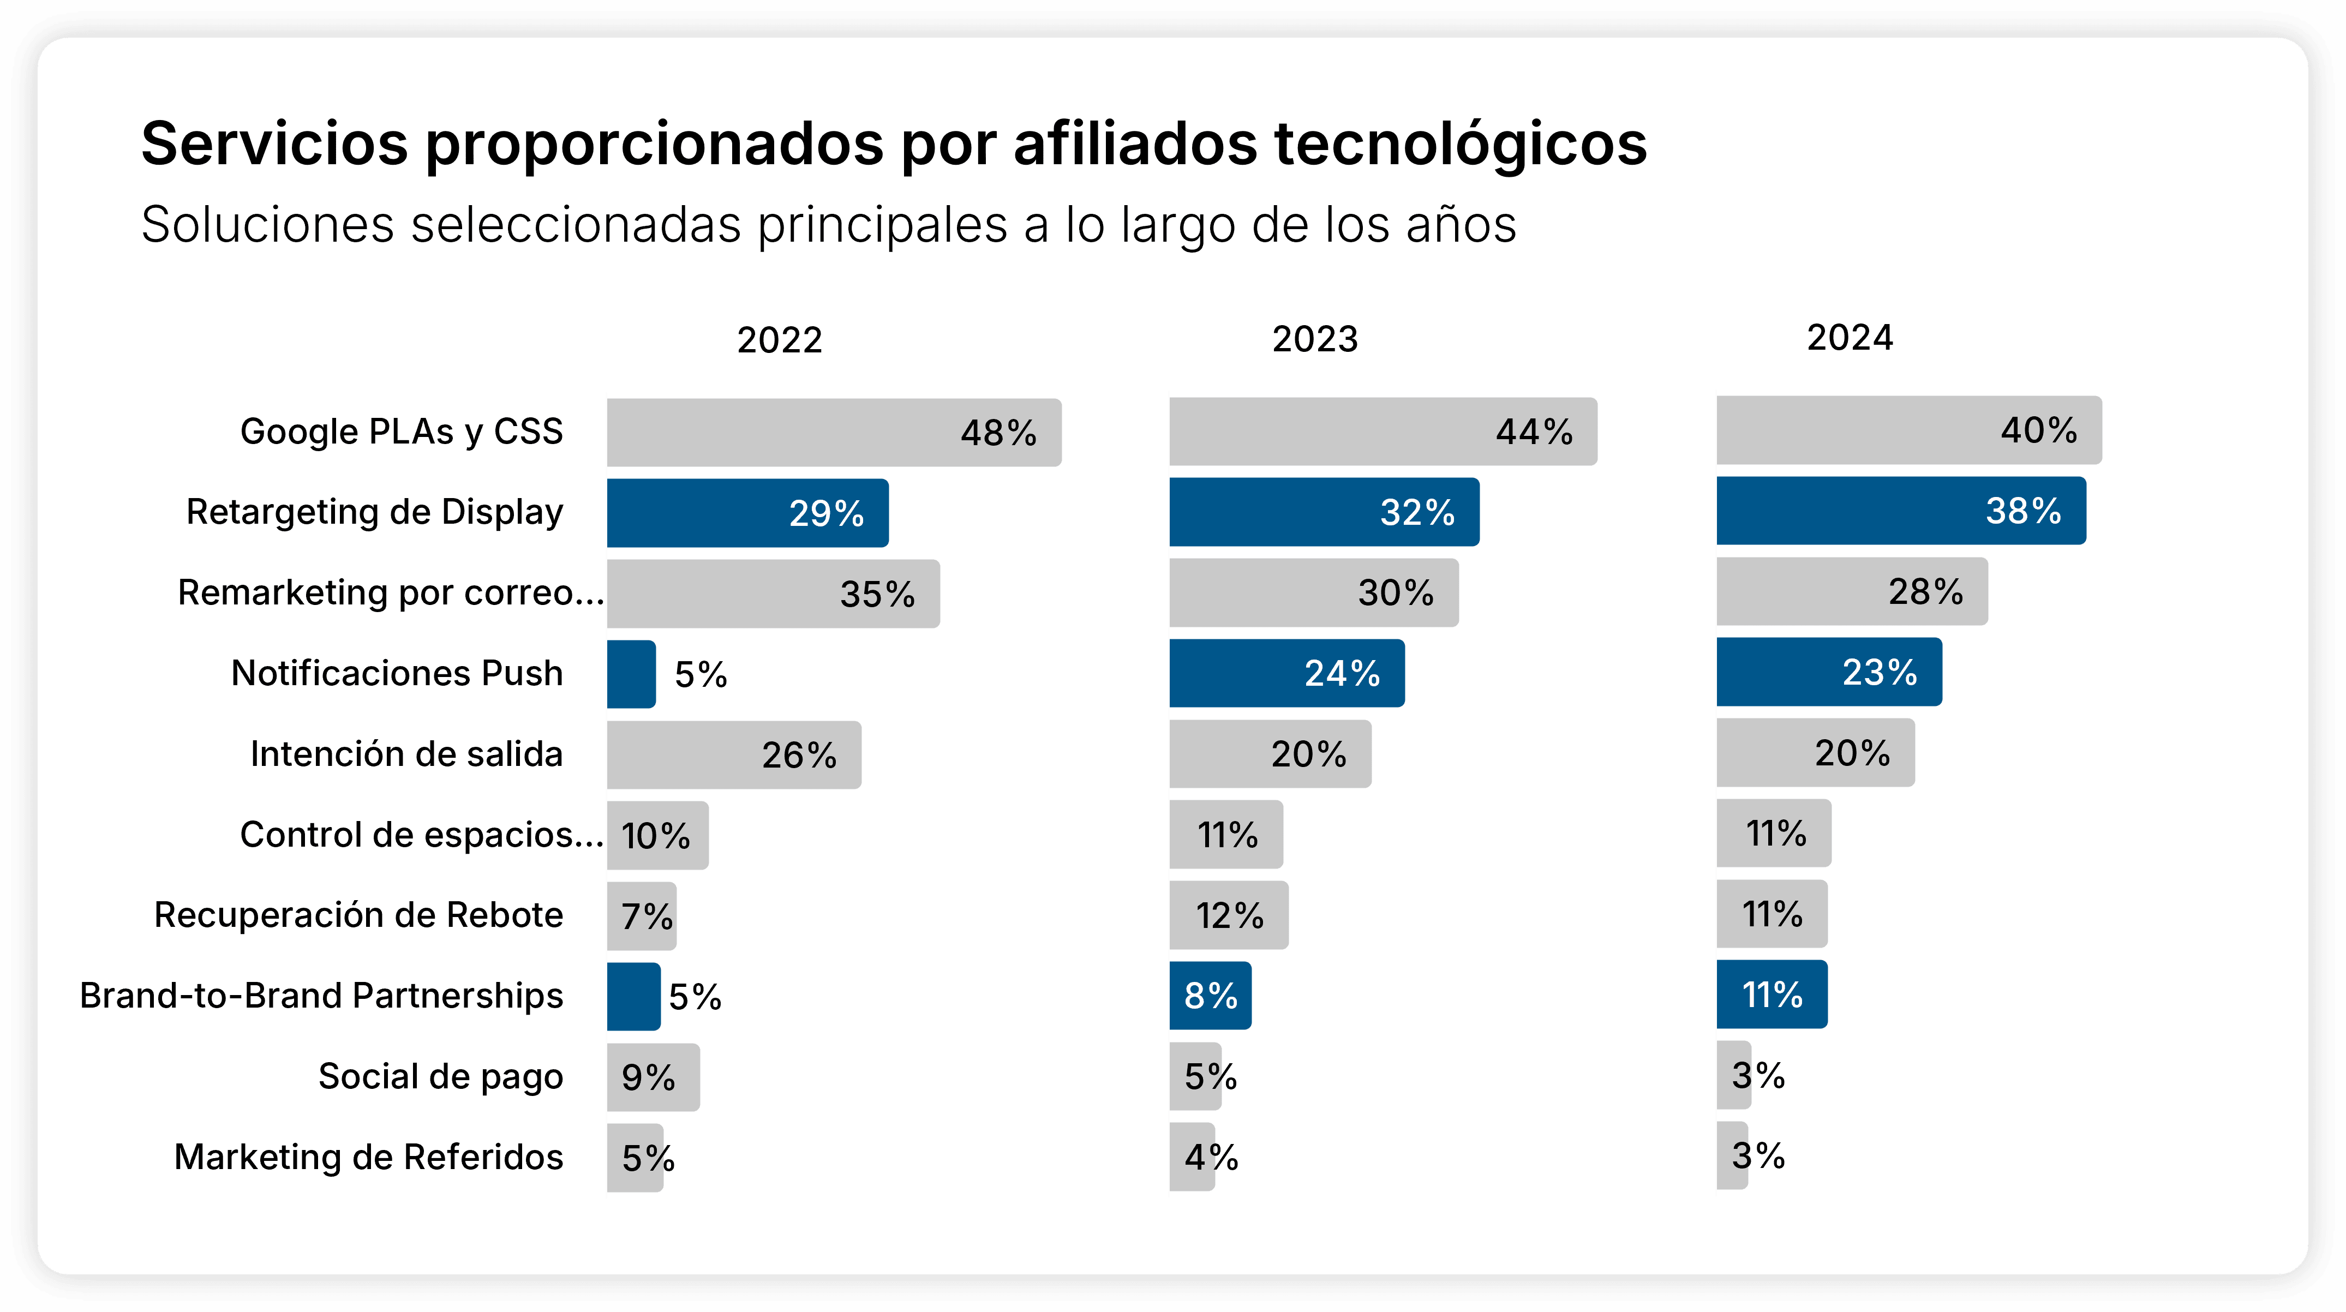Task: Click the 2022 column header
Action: (x=780, y=340)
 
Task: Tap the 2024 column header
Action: (x=1850, y=338)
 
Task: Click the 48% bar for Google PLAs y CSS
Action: (x=833, y=433)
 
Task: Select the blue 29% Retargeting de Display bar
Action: (x=747, y=513)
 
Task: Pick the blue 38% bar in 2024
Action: (x=1901, y=511)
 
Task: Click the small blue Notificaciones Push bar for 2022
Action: (x=631, y=674)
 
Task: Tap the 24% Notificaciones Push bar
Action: (x=1286, y=673)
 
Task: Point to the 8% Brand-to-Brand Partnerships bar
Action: (x=1210, y=995)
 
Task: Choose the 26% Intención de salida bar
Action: (x=733, y=755)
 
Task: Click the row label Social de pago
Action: (x=441, y=1076)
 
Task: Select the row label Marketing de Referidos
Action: (x=369, y=1157)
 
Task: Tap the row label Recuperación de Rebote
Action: (x=359, y=915)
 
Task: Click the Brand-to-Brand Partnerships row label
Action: (x=321, y=996)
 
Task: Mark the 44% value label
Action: (x=1534, y=432)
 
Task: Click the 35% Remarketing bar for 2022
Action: (x=773, y=594)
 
